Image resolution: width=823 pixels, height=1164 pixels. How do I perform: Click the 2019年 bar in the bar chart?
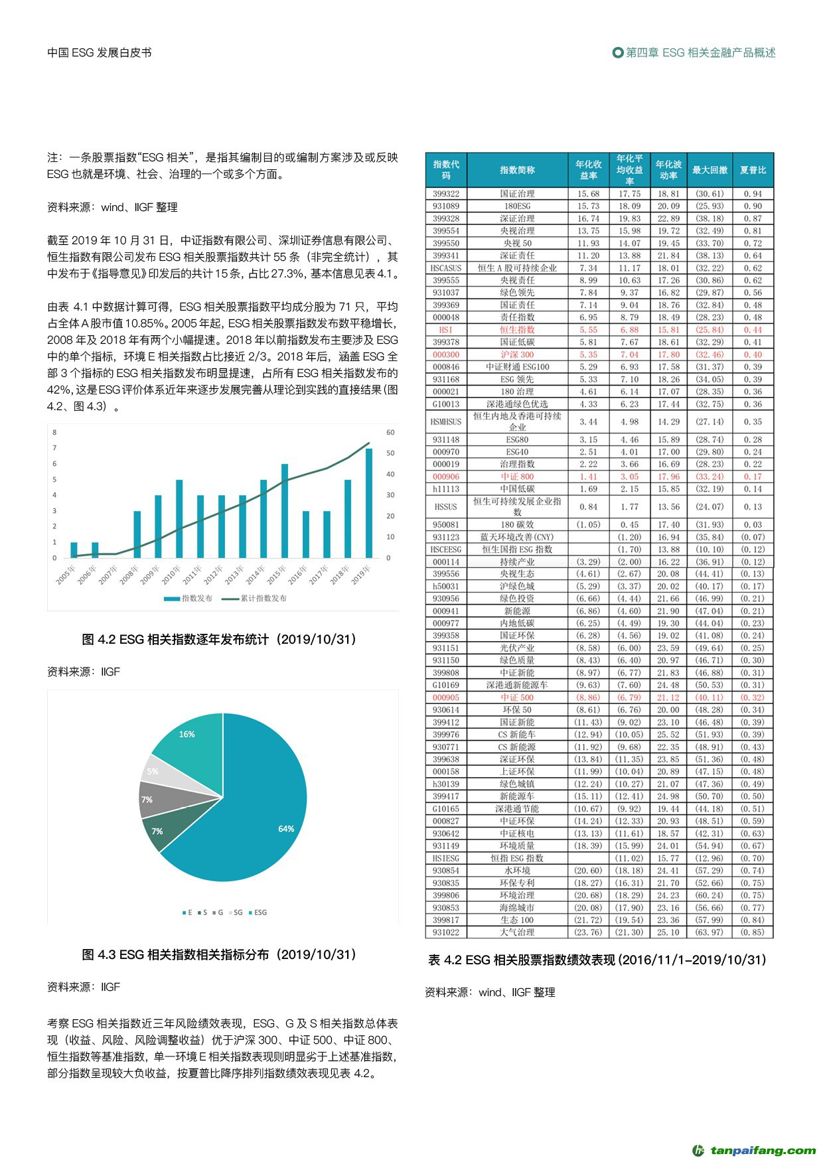[369, 503]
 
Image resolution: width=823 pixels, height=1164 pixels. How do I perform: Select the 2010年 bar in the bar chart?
[179, 518]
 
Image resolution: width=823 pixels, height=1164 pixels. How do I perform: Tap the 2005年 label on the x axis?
[66, 575]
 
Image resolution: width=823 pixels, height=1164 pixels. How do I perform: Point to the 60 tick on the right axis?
[390, 432]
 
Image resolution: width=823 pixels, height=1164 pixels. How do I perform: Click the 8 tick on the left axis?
[54, 432]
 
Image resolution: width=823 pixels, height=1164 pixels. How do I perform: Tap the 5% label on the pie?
[153, 771]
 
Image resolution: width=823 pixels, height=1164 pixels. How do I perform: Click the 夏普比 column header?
[753, 170]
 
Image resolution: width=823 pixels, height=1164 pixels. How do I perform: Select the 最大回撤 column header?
[710, 170]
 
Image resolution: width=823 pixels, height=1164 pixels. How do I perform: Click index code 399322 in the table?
[446, 194]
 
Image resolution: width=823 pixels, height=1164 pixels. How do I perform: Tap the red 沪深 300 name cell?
[517, 354]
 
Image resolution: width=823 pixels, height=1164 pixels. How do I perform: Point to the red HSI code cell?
[446, 330]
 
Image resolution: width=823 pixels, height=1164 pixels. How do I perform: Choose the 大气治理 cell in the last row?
[517, 932]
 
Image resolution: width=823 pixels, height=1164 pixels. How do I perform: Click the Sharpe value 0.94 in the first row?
[753, 194]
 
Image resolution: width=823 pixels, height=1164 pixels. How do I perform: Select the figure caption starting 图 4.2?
[219, 639]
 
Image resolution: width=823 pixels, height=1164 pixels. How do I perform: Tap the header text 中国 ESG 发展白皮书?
[100, 52]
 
